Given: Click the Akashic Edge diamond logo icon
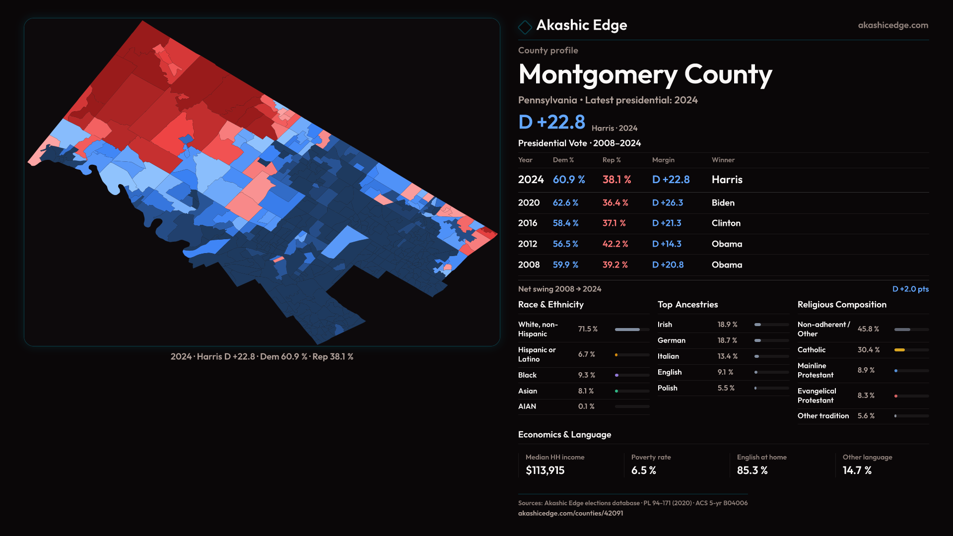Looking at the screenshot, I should tap(525, 26).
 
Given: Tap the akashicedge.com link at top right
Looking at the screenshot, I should tap(892, 25).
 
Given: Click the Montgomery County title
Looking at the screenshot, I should tap(645, 74).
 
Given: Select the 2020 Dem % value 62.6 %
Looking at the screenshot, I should tap(565, 203).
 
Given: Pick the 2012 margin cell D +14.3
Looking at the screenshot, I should tap(666, 244).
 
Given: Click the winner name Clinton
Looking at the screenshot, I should tap(726, 223).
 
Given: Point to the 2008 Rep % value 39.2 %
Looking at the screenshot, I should tap(615, 265).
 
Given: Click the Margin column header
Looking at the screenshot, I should tap(663, 160).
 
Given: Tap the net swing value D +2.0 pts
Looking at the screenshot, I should tap(910, 289).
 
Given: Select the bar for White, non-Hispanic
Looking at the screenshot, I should tap(631, 330).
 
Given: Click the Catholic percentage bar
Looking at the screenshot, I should tap(911, 350).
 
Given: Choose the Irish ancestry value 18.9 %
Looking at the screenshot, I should tap(727, 325).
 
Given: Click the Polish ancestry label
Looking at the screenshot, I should tap(667, 388).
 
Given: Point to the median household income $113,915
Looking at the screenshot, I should tap(545, 470).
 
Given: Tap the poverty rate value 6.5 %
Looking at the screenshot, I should tap(643, 470).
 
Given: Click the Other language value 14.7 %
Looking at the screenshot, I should tap(857, 470).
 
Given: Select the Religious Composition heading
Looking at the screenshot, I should tap(842, 305).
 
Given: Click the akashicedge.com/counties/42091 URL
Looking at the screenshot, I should tap(570, 513).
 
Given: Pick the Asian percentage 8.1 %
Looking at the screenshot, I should tap(586, 391).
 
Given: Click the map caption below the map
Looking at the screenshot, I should tap(262, 357).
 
